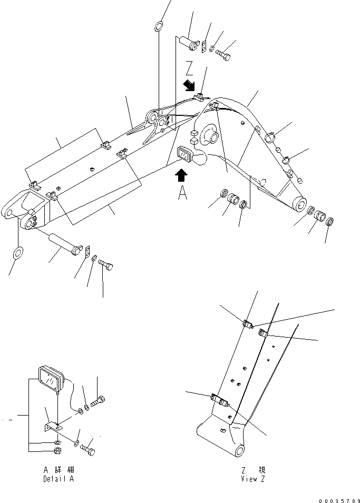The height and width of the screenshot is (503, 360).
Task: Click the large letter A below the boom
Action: pos(182,194)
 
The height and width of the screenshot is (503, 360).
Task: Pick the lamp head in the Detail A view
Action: pos(50,378)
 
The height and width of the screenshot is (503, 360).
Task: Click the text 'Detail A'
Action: pos(60,480)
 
